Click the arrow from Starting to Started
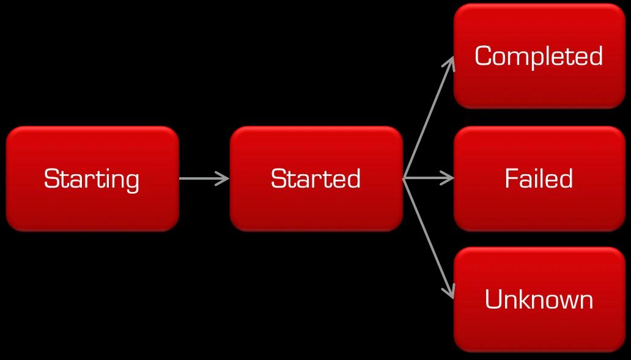[x=202, y=178]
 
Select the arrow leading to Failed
[x=428, y=178]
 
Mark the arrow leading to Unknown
[x=428, y=238]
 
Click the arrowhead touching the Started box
[x=224, y=178]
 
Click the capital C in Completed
[x=484, y=56]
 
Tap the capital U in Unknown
[x=493, y=299]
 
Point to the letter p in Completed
[x=541, y=59]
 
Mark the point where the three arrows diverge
[x=404, y=178]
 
